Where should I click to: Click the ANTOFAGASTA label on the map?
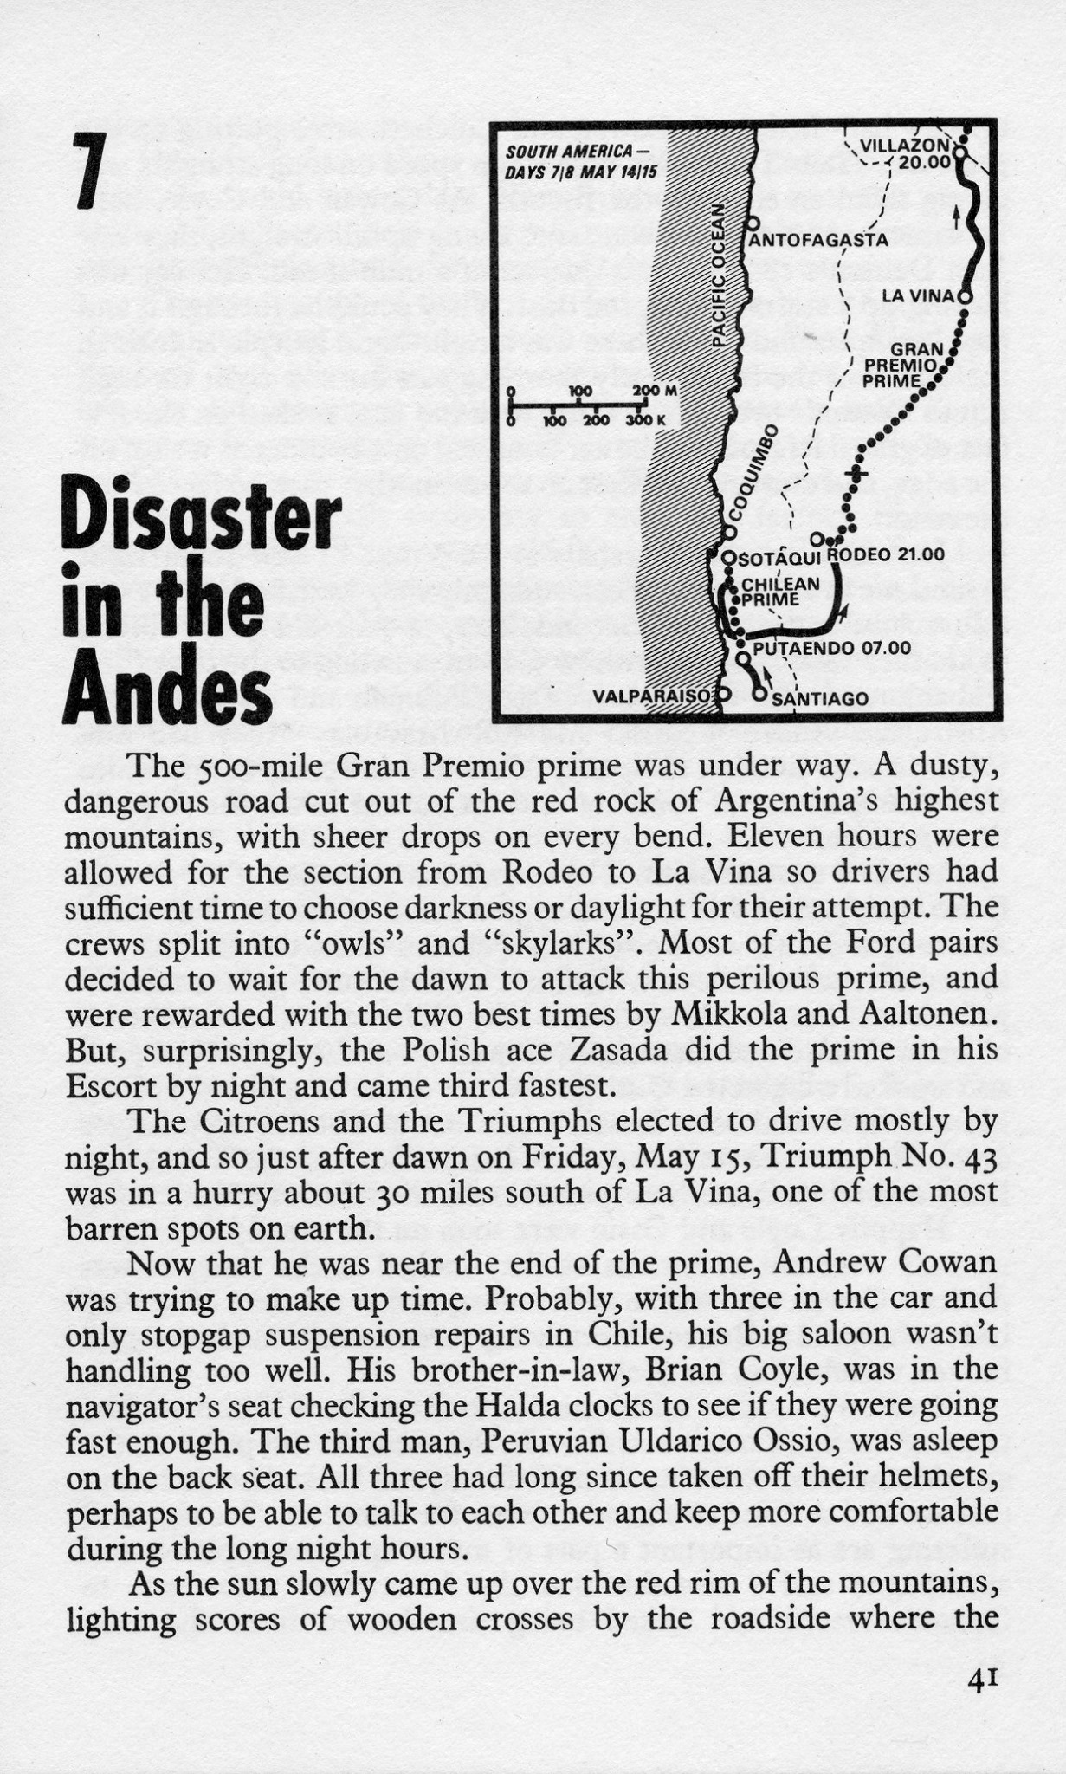tap(818, 240)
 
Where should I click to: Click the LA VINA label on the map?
tap(918, 296)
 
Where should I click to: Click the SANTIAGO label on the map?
tap(819, 698)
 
